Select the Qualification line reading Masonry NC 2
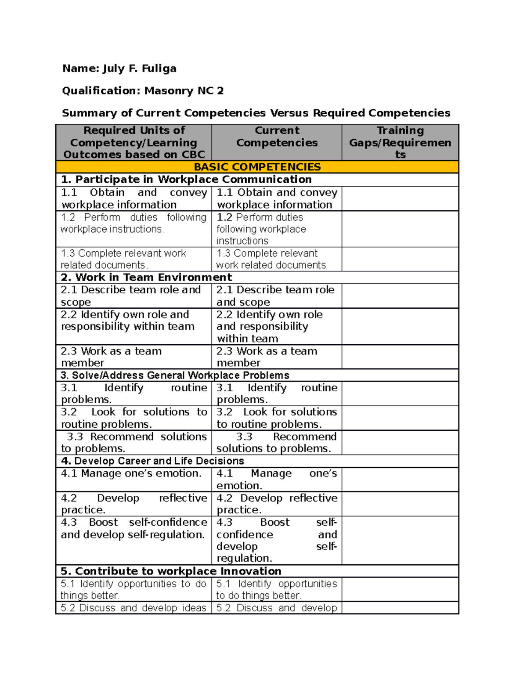[143, 91]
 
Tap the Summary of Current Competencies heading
[256, 113]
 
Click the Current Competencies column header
[277, 137]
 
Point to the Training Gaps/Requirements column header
[400, 142]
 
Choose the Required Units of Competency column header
[134, 142]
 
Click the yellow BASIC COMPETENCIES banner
[257, 167]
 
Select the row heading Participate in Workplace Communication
[187, 180]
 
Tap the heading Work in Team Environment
[146, 278]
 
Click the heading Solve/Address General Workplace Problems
[175, 375]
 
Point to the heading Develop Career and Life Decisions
[152, 461]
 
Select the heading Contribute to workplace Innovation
[171, 571]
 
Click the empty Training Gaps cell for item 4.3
[400, 540]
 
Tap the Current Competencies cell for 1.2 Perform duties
[277, 229]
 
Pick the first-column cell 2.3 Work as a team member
[134, 357]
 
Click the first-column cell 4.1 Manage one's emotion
[134, 479]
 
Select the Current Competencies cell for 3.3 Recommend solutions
[277, 443]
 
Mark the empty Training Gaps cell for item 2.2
[400, 326]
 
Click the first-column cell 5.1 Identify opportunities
[134, 589]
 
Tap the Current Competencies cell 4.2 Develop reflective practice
[277, 504]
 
